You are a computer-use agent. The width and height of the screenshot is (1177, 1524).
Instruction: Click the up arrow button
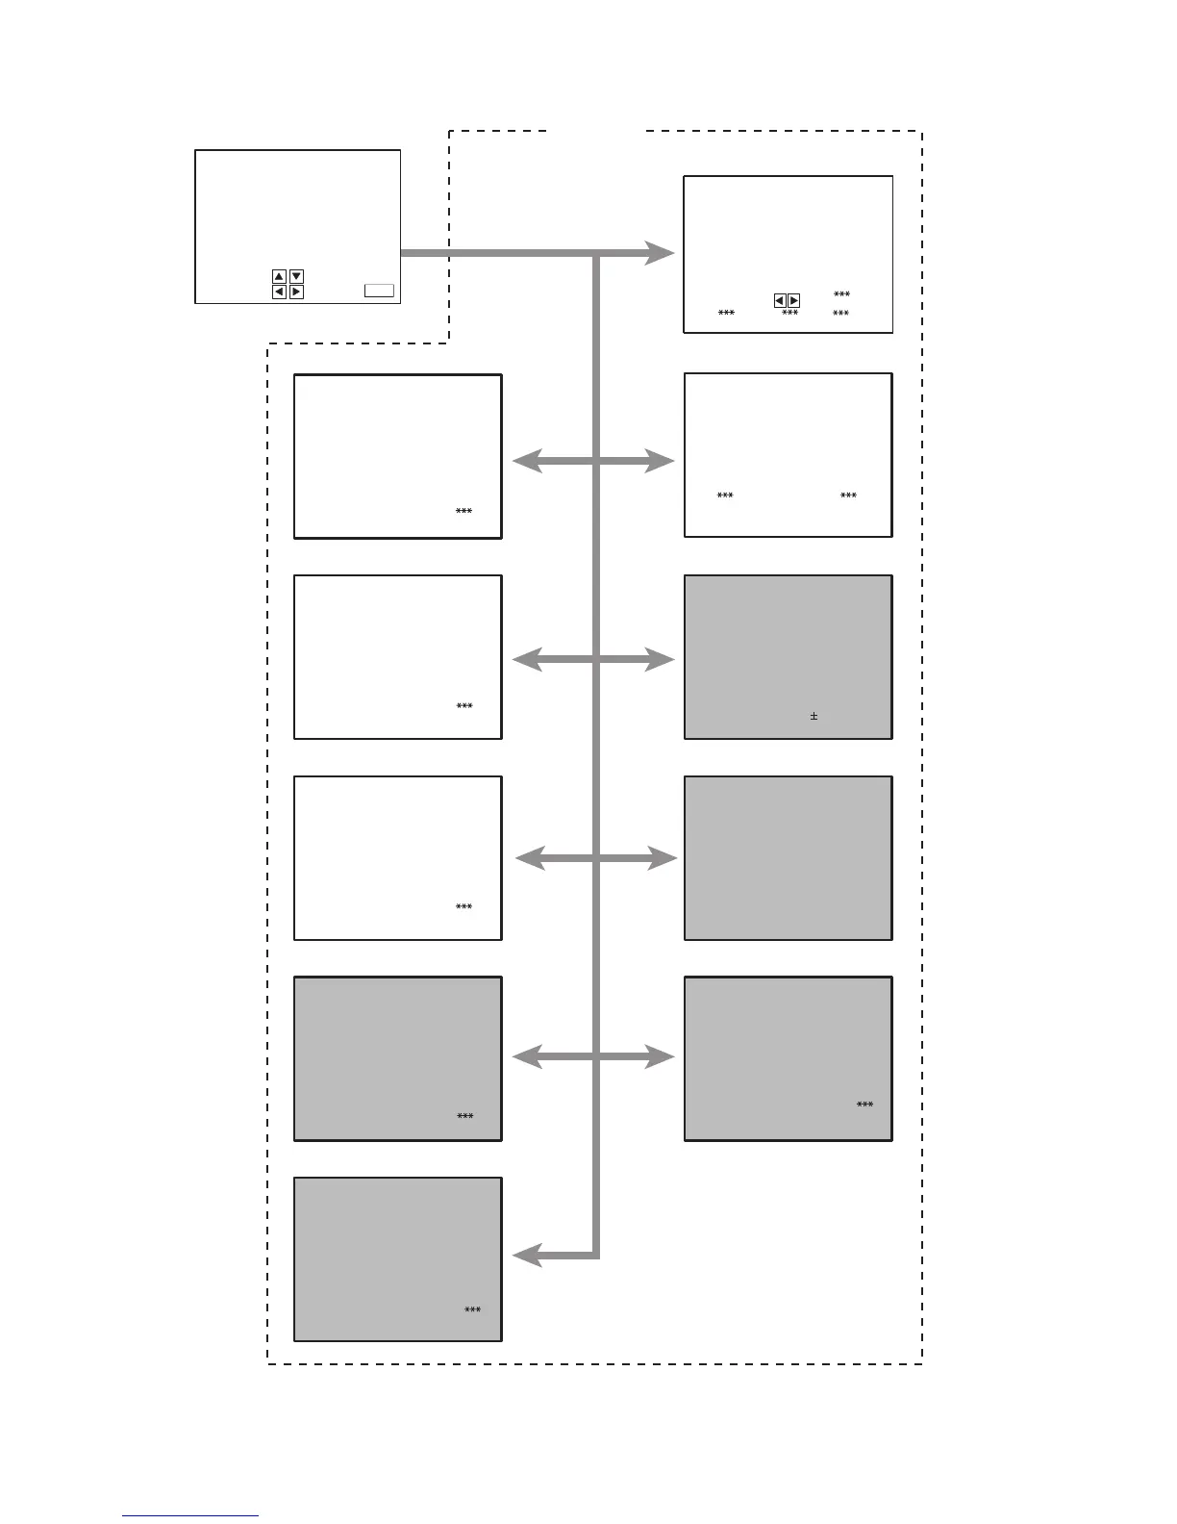pos(279,277)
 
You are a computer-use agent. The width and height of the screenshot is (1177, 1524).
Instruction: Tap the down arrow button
pos(297,277)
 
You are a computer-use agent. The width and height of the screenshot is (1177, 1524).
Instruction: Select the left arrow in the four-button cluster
pos(279,292)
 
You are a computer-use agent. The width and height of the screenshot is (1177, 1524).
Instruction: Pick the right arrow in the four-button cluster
pos(297,292)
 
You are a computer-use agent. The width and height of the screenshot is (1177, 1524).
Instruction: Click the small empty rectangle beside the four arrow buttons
pos(379,291)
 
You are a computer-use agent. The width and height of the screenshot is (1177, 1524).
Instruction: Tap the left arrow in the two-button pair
pos(780,301)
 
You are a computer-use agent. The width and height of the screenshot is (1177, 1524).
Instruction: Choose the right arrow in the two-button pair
pos(793,301)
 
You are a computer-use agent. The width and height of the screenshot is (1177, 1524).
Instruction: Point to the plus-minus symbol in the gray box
pos(814,716)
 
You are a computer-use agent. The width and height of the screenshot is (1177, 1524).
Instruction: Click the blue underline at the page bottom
pos(190,1515)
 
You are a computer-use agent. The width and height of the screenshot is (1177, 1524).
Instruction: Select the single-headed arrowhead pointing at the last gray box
pos(526,1256)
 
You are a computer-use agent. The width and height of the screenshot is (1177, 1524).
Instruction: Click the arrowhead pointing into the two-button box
pos(662,253)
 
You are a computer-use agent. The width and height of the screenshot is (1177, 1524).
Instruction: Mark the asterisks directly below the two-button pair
pos(789,314)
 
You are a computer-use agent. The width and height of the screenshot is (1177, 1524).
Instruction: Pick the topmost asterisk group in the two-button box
pos(841,294)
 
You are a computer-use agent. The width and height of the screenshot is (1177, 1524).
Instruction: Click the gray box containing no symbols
pos(788,858)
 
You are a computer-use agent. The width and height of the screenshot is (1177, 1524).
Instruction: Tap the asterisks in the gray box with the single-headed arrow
pos(472,1310)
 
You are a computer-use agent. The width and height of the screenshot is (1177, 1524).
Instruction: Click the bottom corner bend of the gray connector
pos(596,1255)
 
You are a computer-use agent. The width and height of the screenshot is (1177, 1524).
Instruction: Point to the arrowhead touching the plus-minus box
pos(663,659)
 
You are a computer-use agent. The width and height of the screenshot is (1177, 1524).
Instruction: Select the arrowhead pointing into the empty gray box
pos(664,858)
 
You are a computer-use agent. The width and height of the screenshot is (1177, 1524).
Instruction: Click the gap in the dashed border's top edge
pos(596,131)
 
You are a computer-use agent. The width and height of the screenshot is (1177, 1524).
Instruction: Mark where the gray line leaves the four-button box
pos(403,253)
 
